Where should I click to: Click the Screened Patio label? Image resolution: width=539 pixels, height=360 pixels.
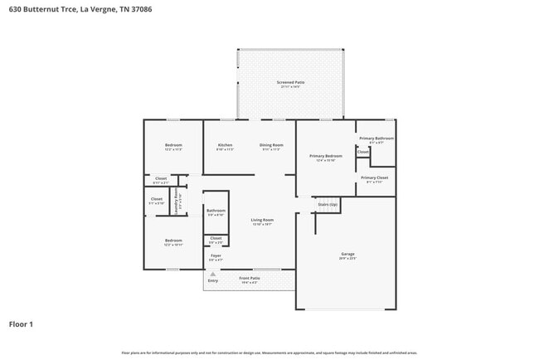point(291,83)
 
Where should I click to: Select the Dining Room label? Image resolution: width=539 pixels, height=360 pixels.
point(271,145)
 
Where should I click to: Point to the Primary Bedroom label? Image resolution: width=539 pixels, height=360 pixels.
point(326,156)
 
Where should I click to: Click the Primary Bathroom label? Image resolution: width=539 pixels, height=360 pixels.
point(376,139)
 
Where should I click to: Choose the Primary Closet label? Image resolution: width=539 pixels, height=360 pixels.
point(375,178)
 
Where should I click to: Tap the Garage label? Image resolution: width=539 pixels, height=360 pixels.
point(347,254)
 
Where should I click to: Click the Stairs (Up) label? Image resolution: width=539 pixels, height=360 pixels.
point(328,203)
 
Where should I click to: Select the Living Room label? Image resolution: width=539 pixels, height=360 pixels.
point(262,220)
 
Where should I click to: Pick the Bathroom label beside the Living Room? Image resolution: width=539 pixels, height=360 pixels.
point(216,211)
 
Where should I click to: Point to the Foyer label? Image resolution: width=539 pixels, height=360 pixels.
point(216,255)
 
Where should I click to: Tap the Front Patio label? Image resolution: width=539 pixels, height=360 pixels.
point(250,278)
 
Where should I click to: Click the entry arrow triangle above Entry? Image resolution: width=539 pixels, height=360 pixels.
point(213,273)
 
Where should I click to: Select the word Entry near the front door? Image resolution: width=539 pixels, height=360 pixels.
point(213,280)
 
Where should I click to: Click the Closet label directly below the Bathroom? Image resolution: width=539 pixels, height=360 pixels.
point(216,238)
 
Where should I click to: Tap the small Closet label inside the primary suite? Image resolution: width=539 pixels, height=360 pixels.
point(363,152)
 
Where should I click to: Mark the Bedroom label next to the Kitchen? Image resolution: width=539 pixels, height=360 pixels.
point(172,145)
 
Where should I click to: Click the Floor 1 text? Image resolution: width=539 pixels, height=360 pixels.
point(21,324)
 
